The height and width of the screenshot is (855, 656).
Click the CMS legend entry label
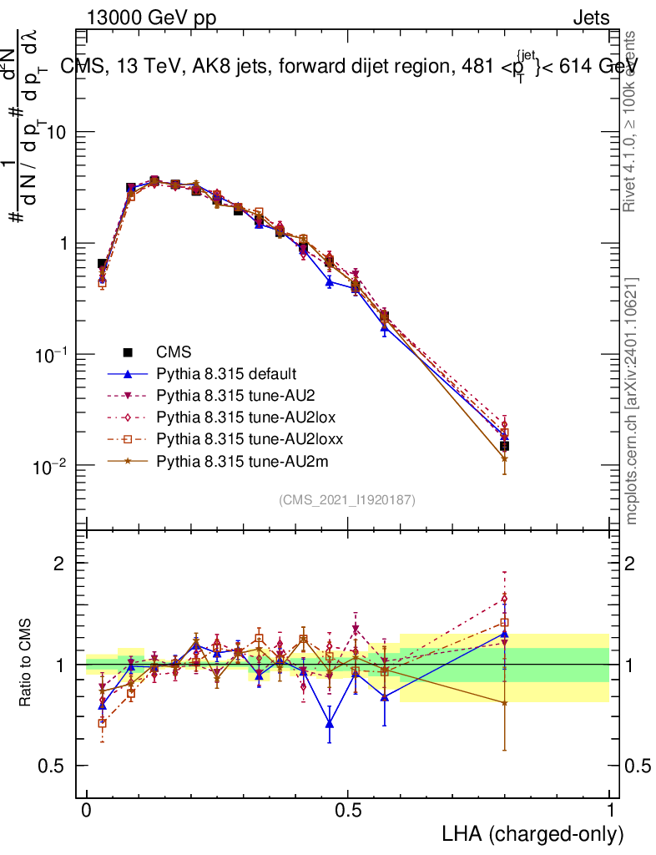(173, 352)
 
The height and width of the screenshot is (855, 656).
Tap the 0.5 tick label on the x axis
(348, 811)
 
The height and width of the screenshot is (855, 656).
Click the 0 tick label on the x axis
(88, 811)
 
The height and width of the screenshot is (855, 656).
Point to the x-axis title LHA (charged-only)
(532, 834)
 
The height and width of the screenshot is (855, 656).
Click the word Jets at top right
(591, 18)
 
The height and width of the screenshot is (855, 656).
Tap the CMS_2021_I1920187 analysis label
(347, 500)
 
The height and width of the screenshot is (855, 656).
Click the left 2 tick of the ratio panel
(59, 564)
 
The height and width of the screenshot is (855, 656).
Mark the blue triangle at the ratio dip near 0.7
(330, 724)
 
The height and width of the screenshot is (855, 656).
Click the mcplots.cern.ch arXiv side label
(632, 401)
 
